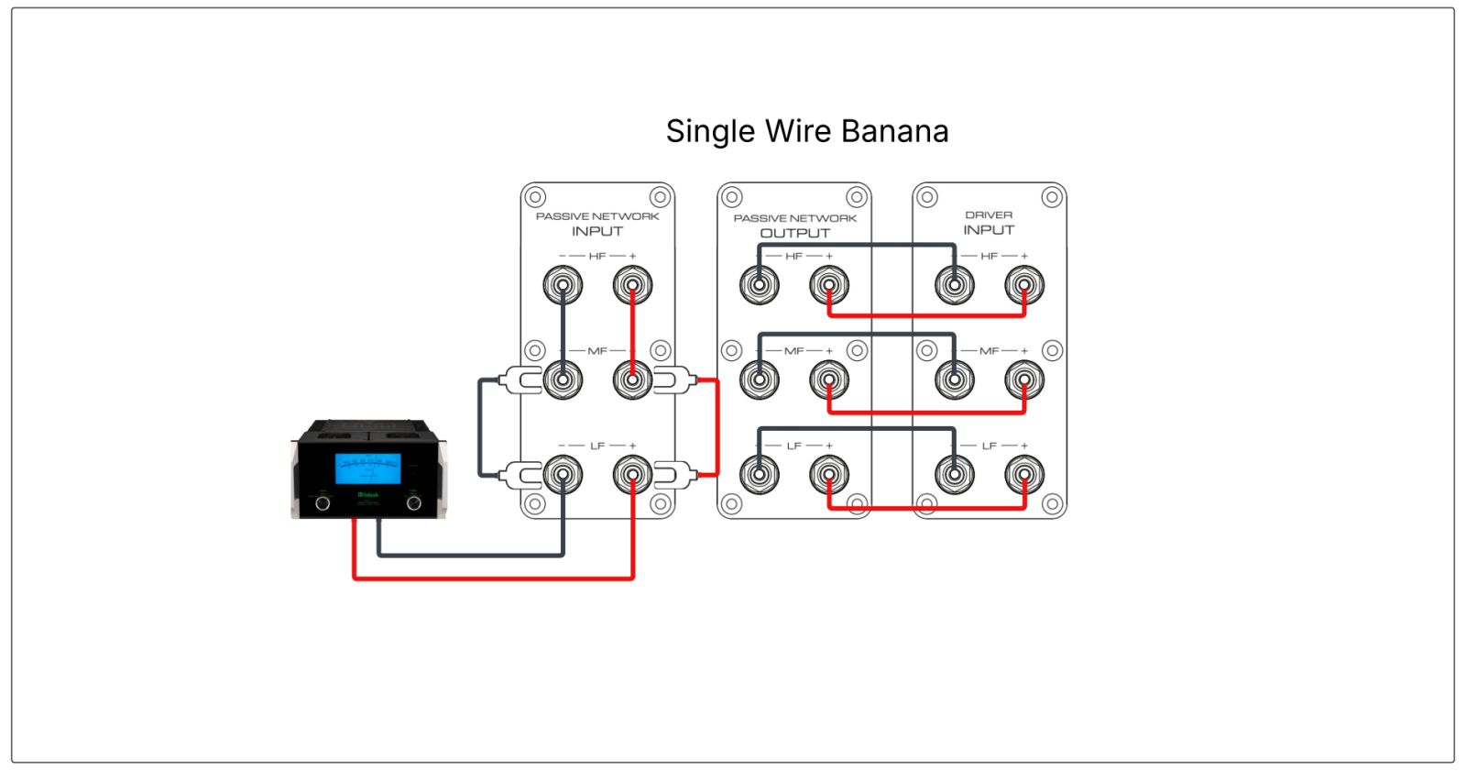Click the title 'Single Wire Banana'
click(x=806, y=131)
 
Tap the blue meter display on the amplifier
click(x=367, y=468)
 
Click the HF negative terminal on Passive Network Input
click(x=563, y=285)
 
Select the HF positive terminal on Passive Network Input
click(x=632, y=285)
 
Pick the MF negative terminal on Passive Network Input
click(x=563, y=380)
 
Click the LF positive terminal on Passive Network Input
click(x=632, y=475)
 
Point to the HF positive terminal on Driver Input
click(x=1024, y=285)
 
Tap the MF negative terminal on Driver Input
click(x=955, y=380)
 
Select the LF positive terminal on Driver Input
click(x=1024, y=475)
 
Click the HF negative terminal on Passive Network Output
click(x=760, y=285)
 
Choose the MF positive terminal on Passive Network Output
click(x=829, y=380)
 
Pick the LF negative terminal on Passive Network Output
click(x=760, y=475)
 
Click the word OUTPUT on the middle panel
click(x=794, y=234)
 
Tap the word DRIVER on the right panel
click(x=989, y=215)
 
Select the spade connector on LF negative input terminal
click(x=522, y=475)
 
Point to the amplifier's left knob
click(x=323, y=503)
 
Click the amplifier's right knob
click(x=414, y=503)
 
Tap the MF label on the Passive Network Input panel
click(x=597, y=351)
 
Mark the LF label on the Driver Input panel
click(x=989, y=446)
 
